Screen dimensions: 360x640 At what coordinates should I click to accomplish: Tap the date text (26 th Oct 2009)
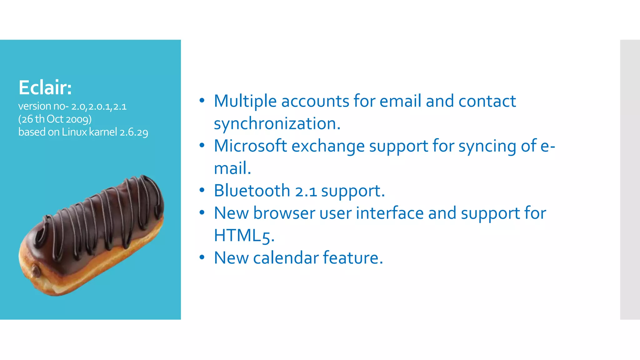55,119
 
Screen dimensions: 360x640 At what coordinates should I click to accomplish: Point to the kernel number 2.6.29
134,132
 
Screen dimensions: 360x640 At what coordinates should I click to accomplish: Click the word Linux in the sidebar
74,132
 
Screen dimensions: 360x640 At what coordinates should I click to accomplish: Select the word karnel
103,132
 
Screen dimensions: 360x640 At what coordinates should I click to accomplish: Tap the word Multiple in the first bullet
245,101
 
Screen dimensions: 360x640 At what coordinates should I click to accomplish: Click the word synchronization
277,123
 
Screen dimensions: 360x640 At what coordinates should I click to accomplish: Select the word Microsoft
250,146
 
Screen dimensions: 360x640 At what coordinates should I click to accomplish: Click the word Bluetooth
252,191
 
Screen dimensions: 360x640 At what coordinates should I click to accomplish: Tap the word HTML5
244,236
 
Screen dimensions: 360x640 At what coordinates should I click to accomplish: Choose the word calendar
286,258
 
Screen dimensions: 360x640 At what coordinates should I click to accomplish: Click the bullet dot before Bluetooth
202,190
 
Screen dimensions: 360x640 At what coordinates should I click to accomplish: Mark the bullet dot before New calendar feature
202,257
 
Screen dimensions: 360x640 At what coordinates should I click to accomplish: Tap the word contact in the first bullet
487,101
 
